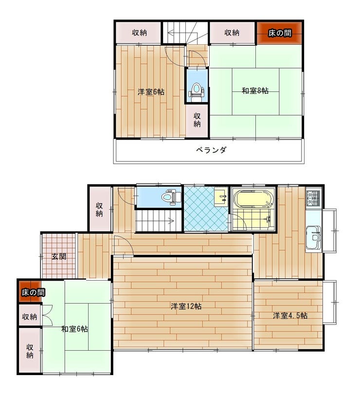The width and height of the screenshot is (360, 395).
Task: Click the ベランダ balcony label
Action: (x=211, y=150)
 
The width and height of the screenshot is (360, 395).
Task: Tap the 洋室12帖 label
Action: (x=186, y=306)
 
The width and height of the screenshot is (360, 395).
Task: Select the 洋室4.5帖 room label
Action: (x=290, y=316)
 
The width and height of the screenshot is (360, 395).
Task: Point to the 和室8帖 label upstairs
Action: (x=255, y=90)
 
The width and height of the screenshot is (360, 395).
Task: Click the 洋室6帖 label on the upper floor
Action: (x=151, y=92)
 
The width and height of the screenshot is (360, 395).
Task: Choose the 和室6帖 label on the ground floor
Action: (x=74, y=329)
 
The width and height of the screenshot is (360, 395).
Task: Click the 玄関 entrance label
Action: (x=59, y=257)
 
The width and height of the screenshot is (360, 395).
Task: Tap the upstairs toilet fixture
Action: (x=197, y=92)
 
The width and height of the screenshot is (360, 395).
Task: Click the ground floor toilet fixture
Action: (x=172, y=197)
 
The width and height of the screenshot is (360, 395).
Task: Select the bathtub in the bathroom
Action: (x=253, y=198)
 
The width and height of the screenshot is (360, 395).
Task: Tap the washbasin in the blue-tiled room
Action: (x=221, y=197)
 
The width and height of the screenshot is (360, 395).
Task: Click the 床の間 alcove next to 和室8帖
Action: (x=279, y=33)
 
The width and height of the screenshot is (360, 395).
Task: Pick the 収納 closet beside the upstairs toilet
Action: (x=197, y=121)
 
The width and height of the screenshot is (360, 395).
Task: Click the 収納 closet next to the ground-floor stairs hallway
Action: (x=100, y=209)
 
